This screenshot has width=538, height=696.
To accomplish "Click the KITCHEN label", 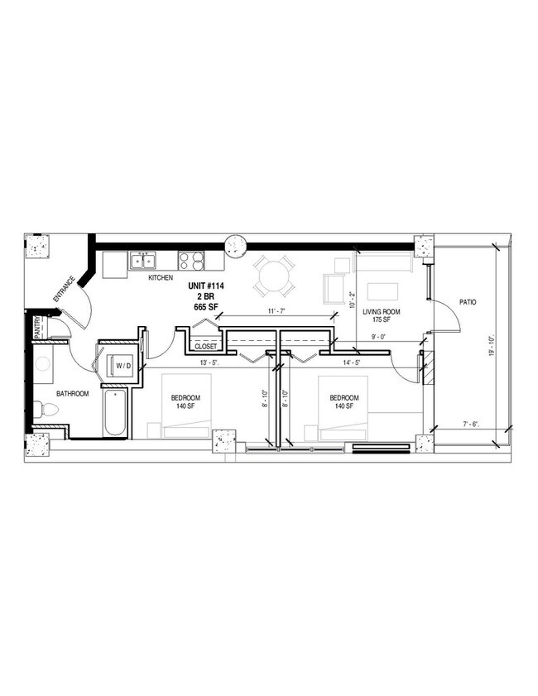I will coord(161,278).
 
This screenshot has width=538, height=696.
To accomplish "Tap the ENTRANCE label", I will coord(63,287).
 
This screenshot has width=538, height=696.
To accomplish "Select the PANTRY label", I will coord(38,329).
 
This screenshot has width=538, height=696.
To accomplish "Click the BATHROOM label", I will coord(72,394).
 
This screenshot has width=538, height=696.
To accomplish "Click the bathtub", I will coord(116,413).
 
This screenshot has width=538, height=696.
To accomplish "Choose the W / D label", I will coord(122,365).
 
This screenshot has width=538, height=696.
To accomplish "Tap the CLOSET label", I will coord(205,347).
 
